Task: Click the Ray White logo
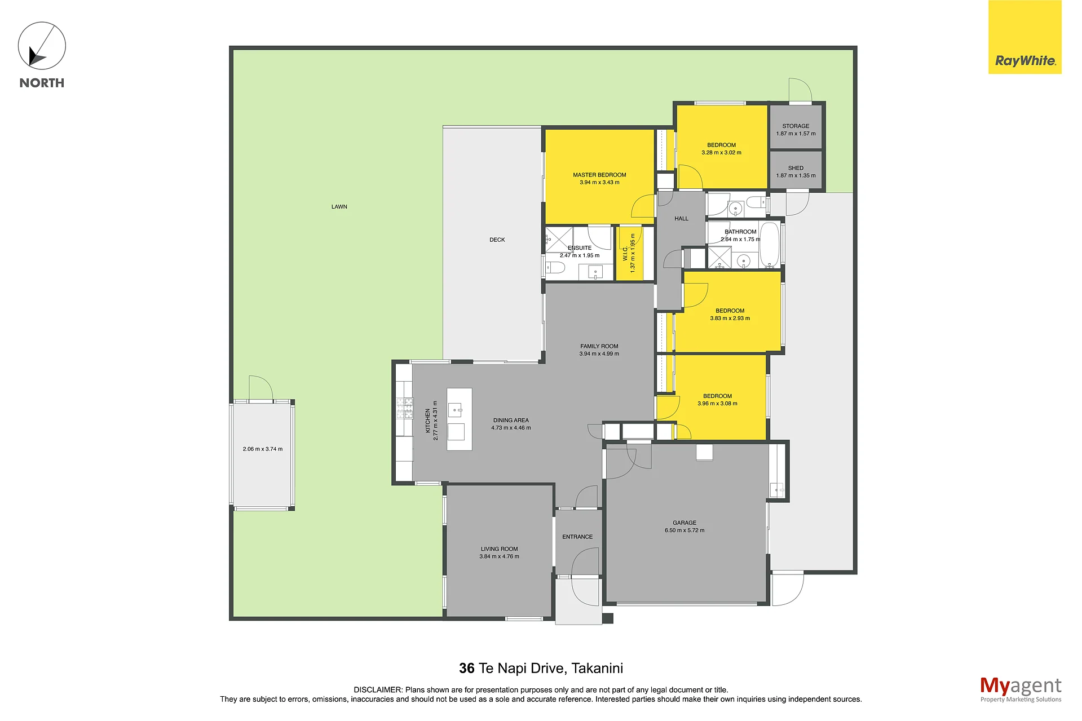point(1024,37)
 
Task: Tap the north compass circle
point(42,46)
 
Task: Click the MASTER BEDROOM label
point(599,175)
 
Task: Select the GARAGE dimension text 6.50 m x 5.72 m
point(684,530)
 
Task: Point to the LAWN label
point(339,207)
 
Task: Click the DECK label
point(497,240)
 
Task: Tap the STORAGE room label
point(796,126)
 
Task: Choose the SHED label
point(796,168)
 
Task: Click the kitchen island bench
point(460,419)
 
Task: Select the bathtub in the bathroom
point(770,244)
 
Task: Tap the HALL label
point(681,219)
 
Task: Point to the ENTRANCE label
point(577,537)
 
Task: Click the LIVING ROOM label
point(499,549)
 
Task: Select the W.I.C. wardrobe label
point(625,254)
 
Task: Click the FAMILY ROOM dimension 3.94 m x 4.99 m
point(599,354)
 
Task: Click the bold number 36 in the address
point(467,669)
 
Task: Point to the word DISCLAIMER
point(378,690)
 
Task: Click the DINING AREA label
point(511,421)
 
